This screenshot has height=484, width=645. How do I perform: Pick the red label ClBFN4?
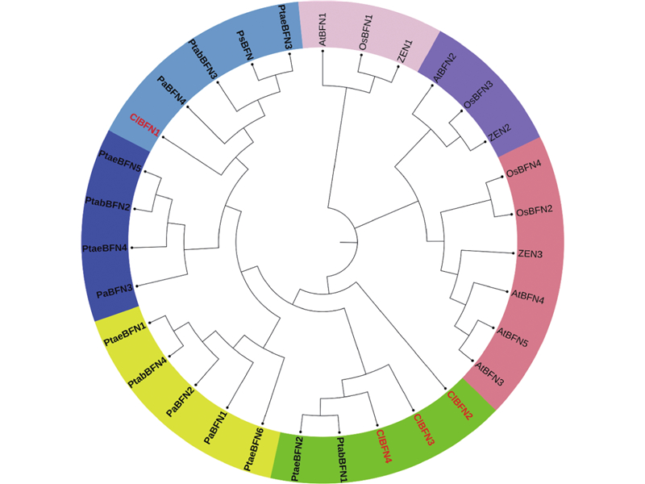point(386,445)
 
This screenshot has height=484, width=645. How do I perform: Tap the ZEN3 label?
point(530,254)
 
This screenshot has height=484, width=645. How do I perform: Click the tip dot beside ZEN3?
point(514,252)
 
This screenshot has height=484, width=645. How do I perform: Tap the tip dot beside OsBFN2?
point(511,214)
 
